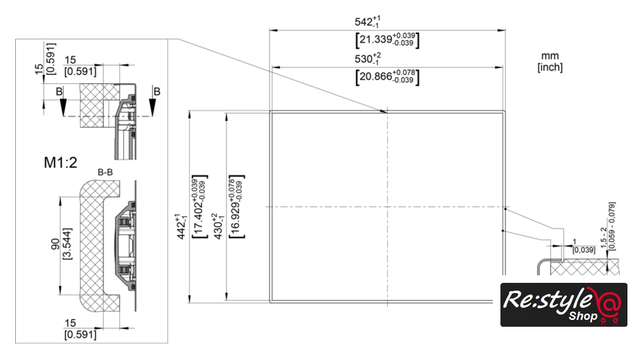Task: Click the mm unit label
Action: pyautogui.click(x=549, y=56)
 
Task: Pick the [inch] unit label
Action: pyautogui.click(x=549, y=67)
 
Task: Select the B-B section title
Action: pyautogui.click(x=105, y=173)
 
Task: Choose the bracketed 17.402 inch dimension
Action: pyautogui.click(x=197, y=207)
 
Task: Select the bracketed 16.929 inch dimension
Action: pyautogui.click(x=235, y=207)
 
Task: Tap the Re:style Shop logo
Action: pyautogui.click(x=563, y=305)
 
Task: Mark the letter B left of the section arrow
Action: pyautogui.click(x=59, y=91)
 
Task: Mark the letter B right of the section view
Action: pyautogui.click(x=156, y=91)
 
